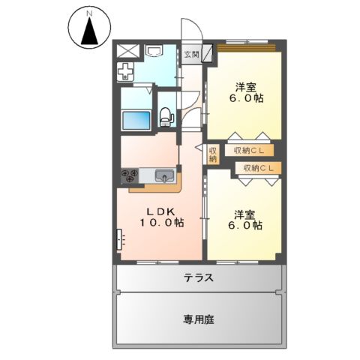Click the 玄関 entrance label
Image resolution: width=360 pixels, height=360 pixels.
pyautogui.click(x=191, y=55)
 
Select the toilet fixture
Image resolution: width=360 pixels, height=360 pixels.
pyautogui.click(x=166, y=117)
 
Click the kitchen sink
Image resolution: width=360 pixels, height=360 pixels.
pyautogui.click(x=164, y=176)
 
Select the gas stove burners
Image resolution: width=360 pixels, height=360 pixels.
pyautogui.click(x=129, y=176)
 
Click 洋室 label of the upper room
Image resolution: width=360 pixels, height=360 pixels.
pyautogui.click(x=245, y=85)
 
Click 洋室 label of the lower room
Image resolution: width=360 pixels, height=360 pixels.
pyautogui.click(x=245, y=212)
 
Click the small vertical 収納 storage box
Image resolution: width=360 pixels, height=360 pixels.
pyautogui.click(x=212, y=153)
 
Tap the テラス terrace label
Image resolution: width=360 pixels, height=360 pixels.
pyautogui.click(x=199, y=277)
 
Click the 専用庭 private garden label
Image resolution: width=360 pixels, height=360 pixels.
pyautogui.click(x=199, y=319)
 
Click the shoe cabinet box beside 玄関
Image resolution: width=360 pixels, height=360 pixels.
pyautogui.click(x=208, y=55)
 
